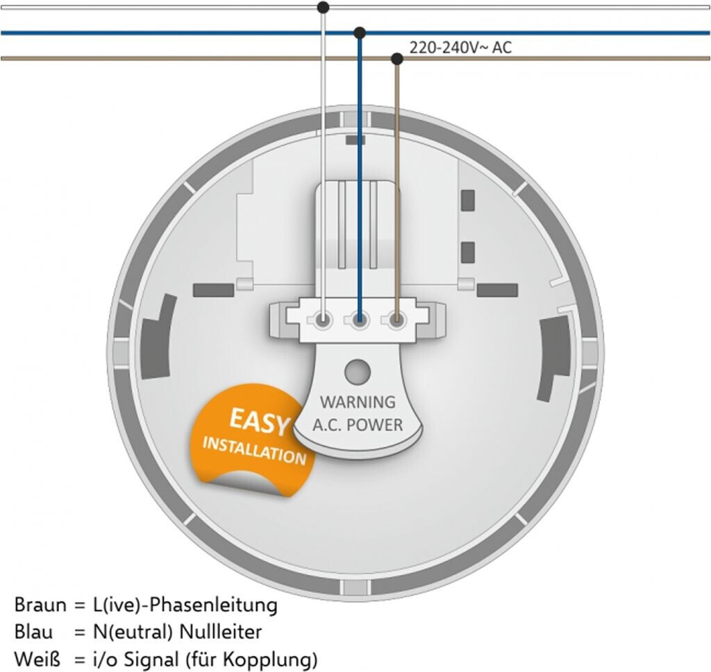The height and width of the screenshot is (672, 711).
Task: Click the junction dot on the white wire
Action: pyautogui.click(x=323, y=8)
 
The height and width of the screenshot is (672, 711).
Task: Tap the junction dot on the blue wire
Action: pyautogui.click(x=360, y=33)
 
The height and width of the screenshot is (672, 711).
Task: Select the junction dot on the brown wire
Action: pyautogui.click(x=397, y=59)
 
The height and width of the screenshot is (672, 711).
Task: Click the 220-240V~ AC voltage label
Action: pyautogui.click(x=460, y=48)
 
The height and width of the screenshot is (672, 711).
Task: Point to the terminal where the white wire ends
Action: pyautogui.click(x=323, y=321)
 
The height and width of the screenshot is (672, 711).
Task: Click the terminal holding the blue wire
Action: pyautogui.click(x=360, y=321)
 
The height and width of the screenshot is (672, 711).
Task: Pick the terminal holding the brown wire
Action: pyautogui.click(x=396, y=321)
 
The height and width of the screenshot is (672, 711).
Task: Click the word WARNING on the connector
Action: pyautogui.click(x=358, y=402)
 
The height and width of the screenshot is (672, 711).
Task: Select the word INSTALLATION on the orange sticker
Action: pyautogui.click(x=254, y=449)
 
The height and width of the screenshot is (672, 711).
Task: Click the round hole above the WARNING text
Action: pyautogui.click(x=358, y=371)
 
